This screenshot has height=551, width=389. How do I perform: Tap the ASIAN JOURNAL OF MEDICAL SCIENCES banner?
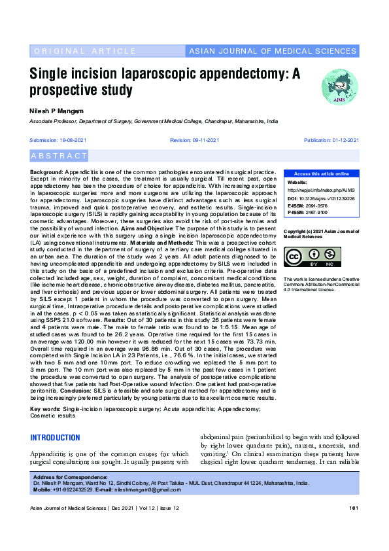[272, 51]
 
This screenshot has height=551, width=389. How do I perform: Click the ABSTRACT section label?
[59, 156]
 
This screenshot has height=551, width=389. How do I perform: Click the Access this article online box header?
[321, 173]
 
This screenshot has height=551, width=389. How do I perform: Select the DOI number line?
[320, 197]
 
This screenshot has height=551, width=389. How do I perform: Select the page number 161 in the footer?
[354, 508]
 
